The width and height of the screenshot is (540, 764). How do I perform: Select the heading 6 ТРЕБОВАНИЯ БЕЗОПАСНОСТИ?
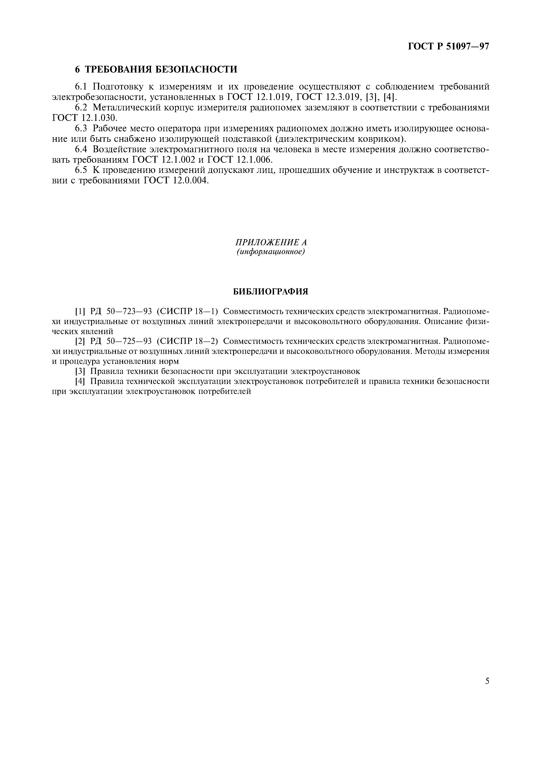tap(156, 69)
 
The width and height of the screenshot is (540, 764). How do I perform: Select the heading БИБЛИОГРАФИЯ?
tap(270, 292)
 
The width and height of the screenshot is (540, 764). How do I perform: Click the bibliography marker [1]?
tap(80, 311)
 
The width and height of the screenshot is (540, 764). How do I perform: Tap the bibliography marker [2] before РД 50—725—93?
tap(80, 341)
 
